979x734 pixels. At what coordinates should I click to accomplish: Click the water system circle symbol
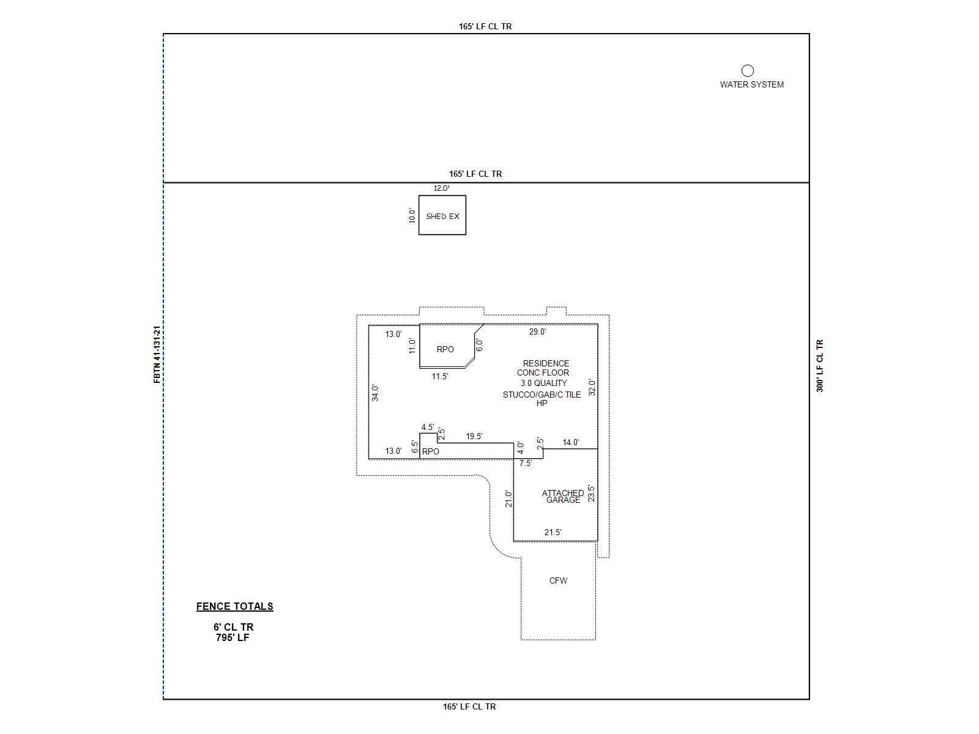(748, 71)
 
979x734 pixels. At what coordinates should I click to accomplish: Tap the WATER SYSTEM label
(751, 85)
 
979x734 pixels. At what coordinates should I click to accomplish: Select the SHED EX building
(442, 216)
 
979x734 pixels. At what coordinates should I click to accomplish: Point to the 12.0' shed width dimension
(442, 188)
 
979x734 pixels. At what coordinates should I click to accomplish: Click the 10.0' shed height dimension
(412, 215)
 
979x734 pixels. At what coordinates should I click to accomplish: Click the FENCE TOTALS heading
(234, 606)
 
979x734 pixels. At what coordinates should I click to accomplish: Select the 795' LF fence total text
(233, 637)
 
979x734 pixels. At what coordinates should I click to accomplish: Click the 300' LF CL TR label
(820, 366)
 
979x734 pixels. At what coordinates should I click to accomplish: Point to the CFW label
(558, 580)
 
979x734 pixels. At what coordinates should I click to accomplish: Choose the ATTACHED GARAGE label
(563, 496)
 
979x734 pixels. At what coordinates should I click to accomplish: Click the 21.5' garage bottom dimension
(553, 533)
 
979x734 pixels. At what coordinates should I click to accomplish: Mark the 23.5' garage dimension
(591, 493)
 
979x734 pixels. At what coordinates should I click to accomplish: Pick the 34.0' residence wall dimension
(376, 393)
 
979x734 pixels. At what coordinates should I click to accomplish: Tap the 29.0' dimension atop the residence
(537, 332)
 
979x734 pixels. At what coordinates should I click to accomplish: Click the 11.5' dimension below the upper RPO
(440, 377)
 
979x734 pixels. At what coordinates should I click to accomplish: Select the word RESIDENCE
(546, 363)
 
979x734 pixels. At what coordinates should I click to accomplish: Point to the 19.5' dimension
(474, 437)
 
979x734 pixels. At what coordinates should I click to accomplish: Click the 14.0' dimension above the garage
(571, 443)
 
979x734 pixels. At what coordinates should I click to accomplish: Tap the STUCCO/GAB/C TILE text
(542, 395)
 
